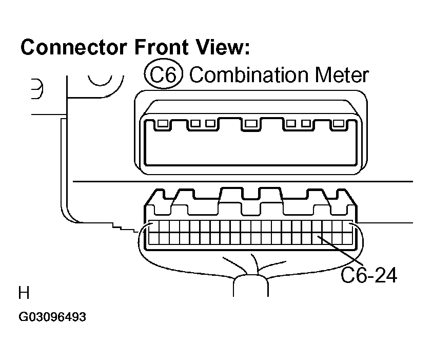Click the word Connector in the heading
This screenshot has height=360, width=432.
coord(73,47)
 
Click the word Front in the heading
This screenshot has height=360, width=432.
coord(161,47)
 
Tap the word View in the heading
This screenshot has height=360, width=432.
coord(218,47)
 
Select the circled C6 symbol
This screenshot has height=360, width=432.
coord(163,74)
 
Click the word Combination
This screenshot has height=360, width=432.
coord(249,75)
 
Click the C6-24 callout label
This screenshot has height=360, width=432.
coord(369,275)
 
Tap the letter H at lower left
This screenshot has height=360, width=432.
coord(24,293)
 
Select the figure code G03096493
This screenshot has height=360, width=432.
coord(52,317)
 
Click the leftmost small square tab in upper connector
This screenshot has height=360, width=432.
coord(163,123)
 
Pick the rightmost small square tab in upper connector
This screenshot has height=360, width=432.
coord(338,123)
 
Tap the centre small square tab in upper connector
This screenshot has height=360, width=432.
coord(251,123)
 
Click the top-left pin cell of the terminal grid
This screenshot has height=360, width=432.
coord(154,227)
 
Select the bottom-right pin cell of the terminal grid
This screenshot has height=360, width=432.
coord(347,239)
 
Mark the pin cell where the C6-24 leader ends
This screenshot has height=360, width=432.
coord(317,239)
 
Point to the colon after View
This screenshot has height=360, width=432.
coord(246,49)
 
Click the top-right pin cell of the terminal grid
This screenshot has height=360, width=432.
coord(347,227)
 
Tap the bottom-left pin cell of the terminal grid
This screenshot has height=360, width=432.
coord(154,239)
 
